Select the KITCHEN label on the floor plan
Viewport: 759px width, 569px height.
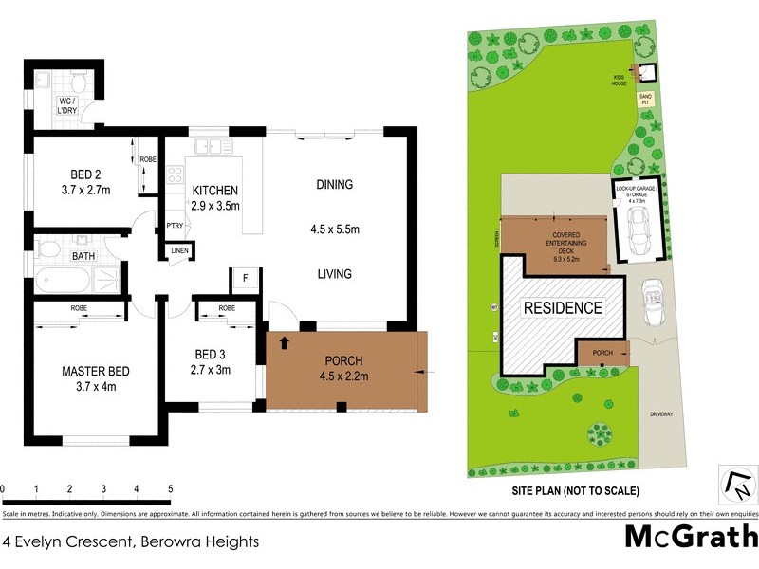215,191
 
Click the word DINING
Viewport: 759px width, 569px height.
334,185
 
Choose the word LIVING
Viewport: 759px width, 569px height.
334,274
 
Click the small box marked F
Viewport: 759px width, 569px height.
244,279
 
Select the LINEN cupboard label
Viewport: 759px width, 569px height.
178,251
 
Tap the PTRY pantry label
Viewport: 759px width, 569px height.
175,226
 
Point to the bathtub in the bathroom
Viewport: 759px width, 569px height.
63,282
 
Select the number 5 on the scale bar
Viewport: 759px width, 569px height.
171,489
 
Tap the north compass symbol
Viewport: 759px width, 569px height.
736,484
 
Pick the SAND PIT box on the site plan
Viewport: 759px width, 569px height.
645,97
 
